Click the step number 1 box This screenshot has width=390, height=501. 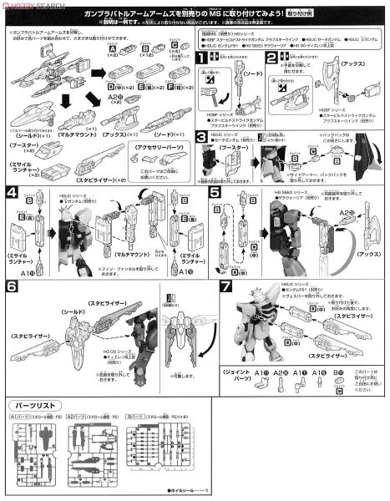pyautogui.click(x=202, y=58)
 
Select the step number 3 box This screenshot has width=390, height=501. pyautogui.click(x=202, y=136)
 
